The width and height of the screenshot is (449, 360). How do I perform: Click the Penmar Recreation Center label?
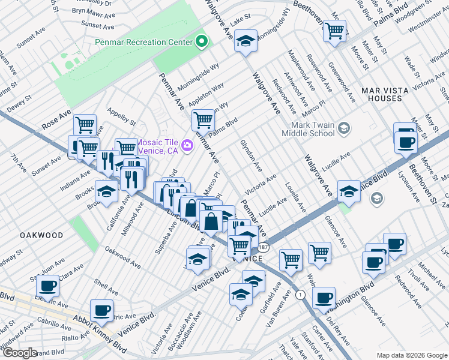pos(144,42)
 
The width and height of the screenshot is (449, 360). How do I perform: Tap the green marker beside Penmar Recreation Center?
pos(202,42)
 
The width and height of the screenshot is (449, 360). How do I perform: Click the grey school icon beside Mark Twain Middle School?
pos(343,127)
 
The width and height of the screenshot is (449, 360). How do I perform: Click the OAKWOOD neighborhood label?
pos(40,235)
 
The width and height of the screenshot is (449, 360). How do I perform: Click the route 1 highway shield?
pos(300,295)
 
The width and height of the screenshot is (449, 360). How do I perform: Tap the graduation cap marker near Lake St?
pos(245,41)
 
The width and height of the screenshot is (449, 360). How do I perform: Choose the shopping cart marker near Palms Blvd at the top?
pos(334,30)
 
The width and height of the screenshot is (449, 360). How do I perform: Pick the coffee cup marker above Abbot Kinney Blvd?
pos(101,310)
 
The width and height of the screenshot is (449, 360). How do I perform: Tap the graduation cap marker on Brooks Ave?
pos(106,192)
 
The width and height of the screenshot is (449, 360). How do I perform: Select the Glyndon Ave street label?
pos(251,154)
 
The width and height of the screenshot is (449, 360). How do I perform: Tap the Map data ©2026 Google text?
pos(411,355)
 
